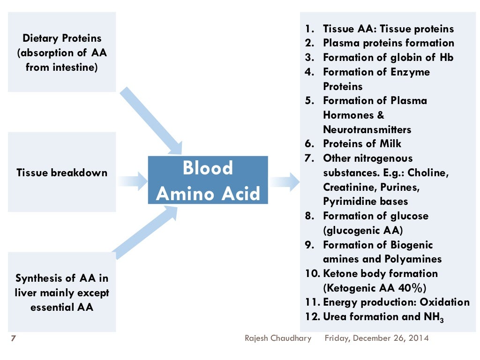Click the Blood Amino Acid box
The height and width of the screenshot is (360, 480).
pos(208,180)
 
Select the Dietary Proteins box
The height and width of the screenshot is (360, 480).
pos(62,52)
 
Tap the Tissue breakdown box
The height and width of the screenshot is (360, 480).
pos(62,172)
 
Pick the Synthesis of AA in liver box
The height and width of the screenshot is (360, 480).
pos(62,292)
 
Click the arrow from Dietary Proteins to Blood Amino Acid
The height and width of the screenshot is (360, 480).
pos(151,120)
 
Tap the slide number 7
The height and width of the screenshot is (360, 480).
pos(13,338)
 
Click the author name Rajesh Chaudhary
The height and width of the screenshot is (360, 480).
pos(278,338)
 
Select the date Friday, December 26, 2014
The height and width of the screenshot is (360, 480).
pos(376,338)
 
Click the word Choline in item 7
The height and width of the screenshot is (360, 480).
pos(428,172)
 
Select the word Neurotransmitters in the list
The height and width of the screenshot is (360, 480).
pos(367,129)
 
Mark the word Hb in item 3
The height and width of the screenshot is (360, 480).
pos(446,57)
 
